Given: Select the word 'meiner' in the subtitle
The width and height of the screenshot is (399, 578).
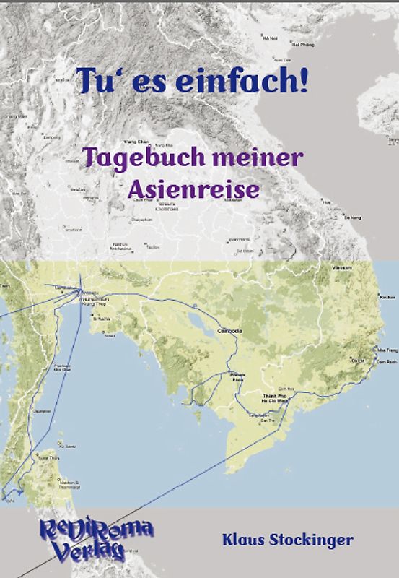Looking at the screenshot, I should [253, 157].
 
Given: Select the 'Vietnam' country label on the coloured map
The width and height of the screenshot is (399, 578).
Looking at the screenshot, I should [342, 267].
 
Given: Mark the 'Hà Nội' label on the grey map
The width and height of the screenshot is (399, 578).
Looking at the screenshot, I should [270, 38].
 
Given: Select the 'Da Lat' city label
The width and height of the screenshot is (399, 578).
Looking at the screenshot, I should [358, 358].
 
